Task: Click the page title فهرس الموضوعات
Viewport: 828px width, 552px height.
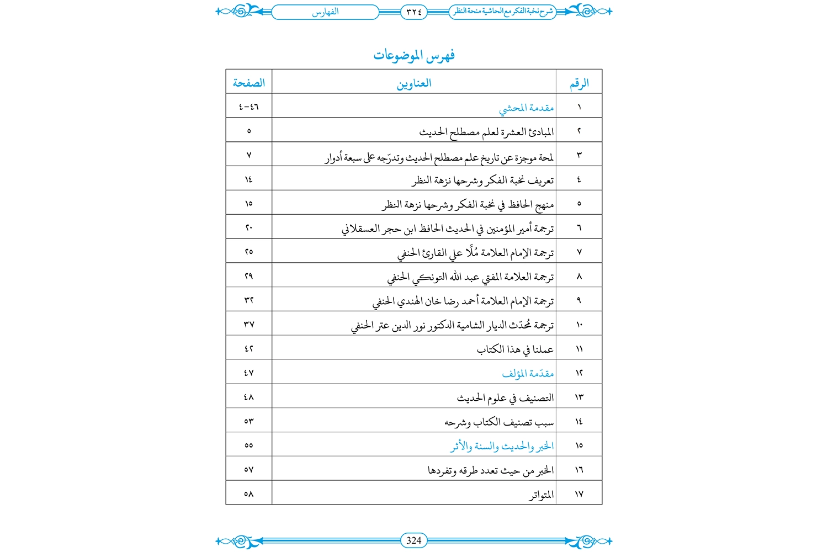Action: click(x=414, y=55)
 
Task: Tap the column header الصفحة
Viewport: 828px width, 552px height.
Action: click(x=248, y=83)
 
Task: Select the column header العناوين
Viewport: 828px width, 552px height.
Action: click(x=414, y=83)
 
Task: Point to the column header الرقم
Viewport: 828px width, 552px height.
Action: click(x=579, y=83)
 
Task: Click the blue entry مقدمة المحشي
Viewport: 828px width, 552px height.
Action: click(x=526, y=108)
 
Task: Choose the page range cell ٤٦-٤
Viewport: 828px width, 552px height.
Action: click(x=249, y=107)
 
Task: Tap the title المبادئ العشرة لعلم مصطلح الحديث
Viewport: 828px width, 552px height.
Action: click(x=486, y=132)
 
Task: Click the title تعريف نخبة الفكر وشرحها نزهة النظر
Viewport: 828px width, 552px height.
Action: click(x=482, y=181)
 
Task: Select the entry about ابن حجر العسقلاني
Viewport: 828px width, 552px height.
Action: click(x=447, y=229)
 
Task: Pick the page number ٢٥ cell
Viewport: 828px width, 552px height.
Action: click(x=249, y=252)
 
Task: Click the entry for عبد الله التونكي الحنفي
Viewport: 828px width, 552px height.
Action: click(x=470, y=277)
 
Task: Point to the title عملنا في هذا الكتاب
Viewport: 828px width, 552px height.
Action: click(x=515, y=349)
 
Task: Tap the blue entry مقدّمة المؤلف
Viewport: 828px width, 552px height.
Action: click(x=528, y=374)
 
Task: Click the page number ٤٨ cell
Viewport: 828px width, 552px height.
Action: click(x=249, y=397)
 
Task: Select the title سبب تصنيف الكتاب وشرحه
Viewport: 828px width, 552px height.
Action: click(x=499, y=422)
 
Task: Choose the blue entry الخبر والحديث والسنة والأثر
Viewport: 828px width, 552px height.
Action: click(x=501, y=446)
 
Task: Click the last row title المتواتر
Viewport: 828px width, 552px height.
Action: click(x=541, y=495)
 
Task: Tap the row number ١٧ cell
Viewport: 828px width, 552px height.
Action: click(x=579, y=493)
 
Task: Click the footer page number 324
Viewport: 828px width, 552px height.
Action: click(x=414, y=540)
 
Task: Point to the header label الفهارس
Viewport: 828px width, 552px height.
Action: click(x=325, y=12)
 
